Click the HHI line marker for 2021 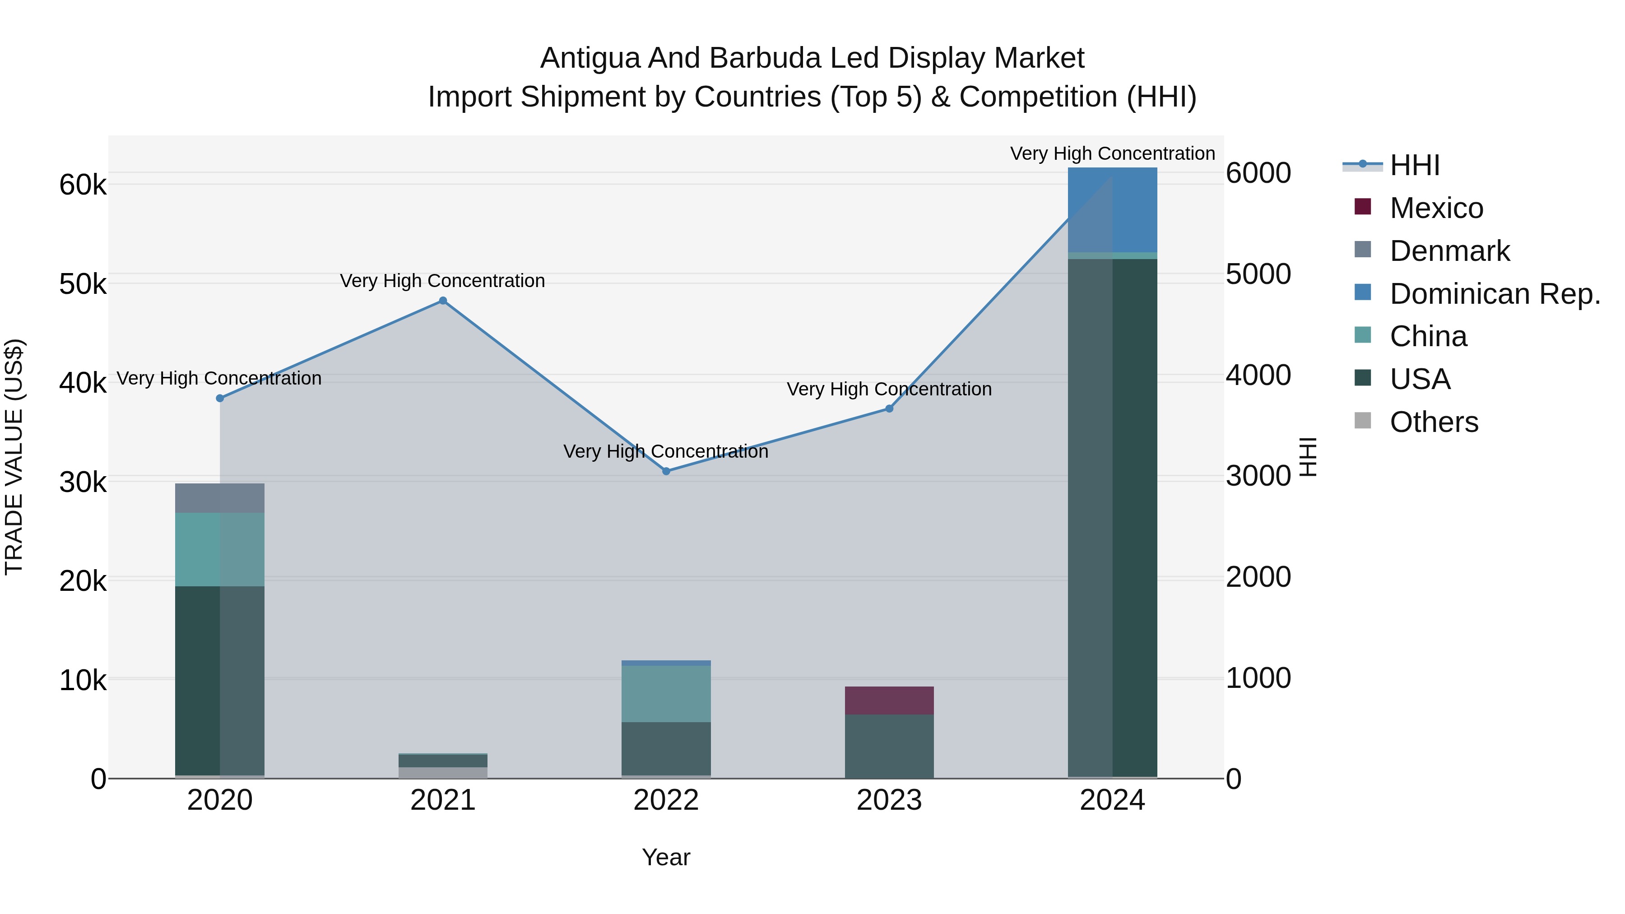(x=443, y=301)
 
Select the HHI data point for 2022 (x=666, y=471)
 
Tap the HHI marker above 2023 (x=889, y=409)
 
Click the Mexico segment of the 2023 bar (x=889, y=700)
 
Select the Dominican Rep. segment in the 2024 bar (x=1113, y=209)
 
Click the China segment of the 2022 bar (x=666, y=694)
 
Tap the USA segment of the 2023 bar (x=889, y=746)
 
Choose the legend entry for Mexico (x=1436, y=208)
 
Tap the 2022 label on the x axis (x=666, y=800)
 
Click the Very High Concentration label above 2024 (x=1113, y=154)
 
